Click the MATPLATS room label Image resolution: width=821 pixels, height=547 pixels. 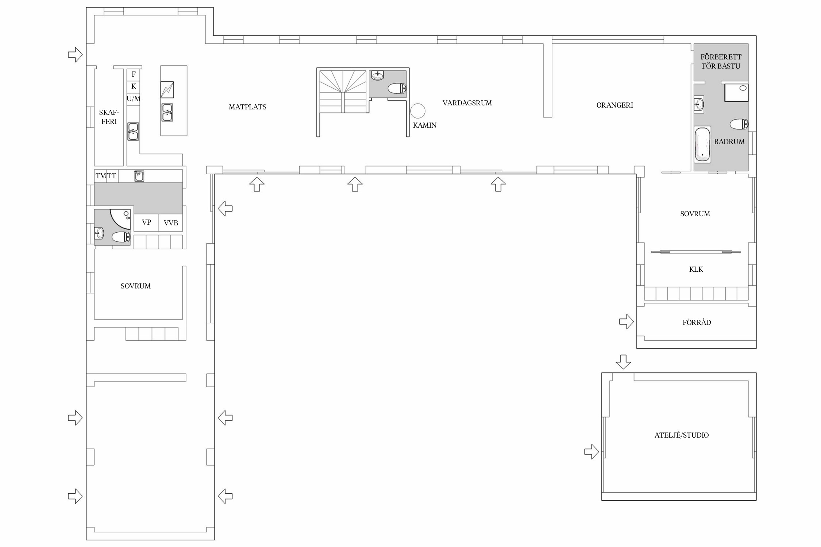tap(247, 107)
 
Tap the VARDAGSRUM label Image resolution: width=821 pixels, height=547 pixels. tap(467, 103)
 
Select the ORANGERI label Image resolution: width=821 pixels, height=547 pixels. tap(615, 105)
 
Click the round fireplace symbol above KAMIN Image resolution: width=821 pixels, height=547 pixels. tap(418, 111)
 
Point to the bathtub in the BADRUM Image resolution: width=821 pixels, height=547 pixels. tap(702, 144)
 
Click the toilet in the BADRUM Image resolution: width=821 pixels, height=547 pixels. tap(739, 124)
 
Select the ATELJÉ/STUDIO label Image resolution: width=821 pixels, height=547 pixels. tap(682, 435)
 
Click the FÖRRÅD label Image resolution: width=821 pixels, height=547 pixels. tap(697, 322)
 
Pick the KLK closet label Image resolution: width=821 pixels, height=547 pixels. tap(696, 269)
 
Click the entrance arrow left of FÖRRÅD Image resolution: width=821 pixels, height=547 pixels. tap(626, 322)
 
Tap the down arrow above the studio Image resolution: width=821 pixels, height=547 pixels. tap(623, 362)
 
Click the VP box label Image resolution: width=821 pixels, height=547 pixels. tap(146, 222)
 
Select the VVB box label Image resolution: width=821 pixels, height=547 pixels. tap(171, 223)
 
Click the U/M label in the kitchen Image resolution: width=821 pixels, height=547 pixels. tap(134, 98)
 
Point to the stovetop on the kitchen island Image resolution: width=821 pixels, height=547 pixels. tap(167, 89)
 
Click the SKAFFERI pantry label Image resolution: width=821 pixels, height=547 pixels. tap(109, 117)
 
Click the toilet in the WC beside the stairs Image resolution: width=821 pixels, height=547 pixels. tap(397, 88)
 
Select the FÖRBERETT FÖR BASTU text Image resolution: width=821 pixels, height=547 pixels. tap(721, 61)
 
